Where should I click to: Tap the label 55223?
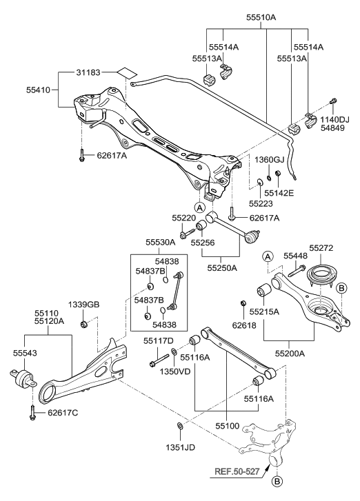(x=261, y=204)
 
